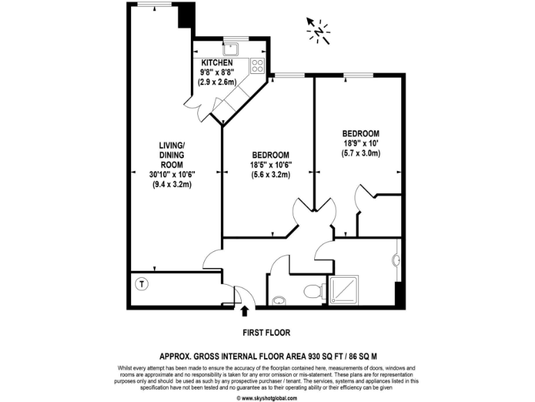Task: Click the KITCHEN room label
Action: [217, 64]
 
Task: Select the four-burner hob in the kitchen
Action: [257, 66]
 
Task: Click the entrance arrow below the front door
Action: [245, 311]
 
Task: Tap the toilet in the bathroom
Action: [313, 290]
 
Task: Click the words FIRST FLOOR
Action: [267, 332]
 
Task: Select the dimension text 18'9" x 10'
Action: [360, 143]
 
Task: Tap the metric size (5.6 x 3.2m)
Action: [271, 175]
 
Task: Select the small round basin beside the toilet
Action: [279, 301]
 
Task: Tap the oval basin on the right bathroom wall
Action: [396, 260]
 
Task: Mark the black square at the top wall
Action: [185, 16]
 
